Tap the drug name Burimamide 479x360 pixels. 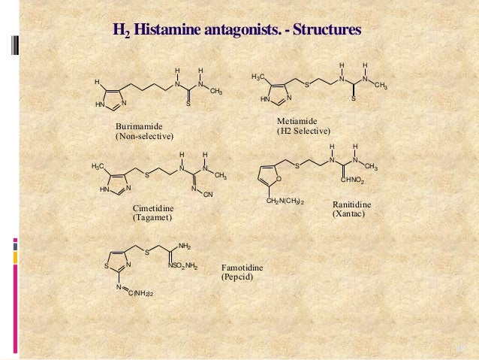tap(138, 126)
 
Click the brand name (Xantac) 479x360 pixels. tap(349, 214)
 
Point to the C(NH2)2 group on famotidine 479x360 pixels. tap(140, 292)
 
